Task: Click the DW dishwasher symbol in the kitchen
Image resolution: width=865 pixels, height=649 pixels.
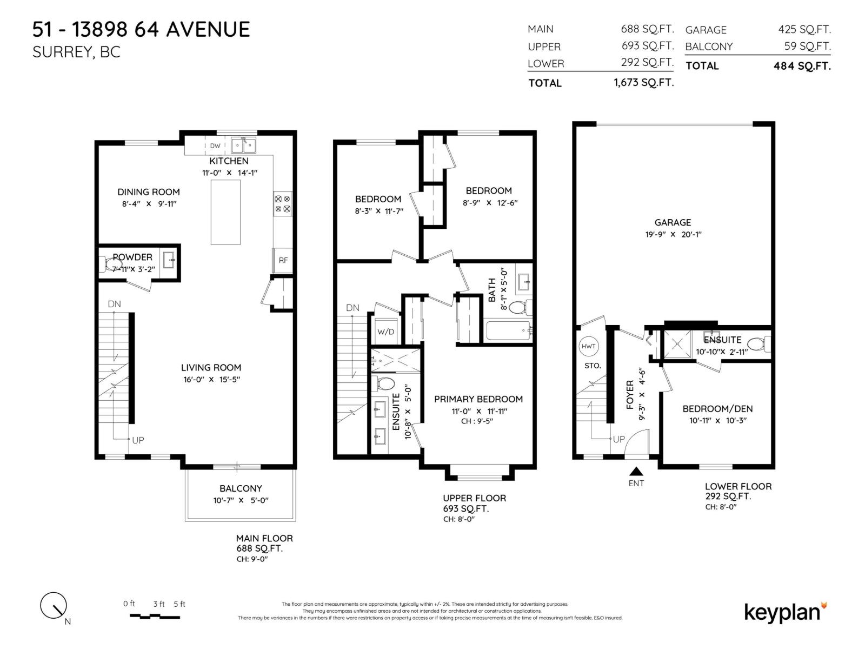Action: click(x=215, y=145)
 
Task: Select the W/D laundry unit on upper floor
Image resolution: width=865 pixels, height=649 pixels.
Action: click(x=385, y=332)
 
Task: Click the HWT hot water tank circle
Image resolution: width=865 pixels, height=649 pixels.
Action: click(x=589, y=346)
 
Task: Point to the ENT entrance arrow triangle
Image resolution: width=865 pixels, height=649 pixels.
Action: click(x=636, y=472)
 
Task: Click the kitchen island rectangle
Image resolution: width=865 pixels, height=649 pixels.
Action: click(x=225, y=213)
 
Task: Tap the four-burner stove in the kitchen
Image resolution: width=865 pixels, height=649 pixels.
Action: click(x=283, y=203)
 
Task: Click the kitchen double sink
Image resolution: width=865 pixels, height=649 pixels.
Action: click(x=243, y=145)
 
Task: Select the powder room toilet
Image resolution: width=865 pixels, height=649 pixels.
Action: click(x=111, y=264)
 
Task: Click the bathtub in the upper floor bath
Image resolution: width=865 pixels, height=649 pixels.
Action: click(x=508, y=330)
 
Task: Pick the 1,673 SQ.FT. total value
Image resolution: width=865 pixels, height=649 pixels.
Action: click(x=643, y=83)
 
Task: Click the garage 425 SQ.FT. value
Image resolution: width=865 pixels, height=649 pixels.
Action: click(x=804, y=30)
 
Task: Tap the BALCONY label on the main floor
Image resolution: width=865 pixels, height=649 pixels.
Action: click(x=241, y=488)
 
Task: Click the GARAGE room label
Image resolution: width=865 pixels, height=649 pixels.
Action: click(x=673, y=222)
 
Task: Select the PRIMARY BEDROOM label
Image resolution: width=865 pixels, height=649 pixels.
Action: click(x=478, y=399)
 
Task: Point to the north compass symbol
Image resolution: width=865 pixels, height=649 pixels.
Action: click(x=54, y=606)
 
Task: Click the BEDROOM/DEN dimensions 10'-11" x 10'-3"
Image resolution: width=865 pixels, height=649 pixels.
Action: click(x=717, y=421)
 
